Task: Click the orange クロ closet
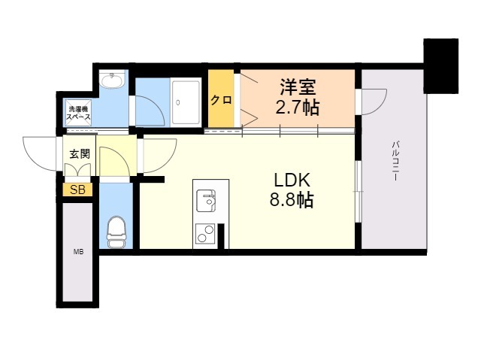click(x=220, y=99)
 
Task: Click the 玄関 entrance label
click(x=79, y=154)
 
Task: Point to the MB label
click(x=78, y=252)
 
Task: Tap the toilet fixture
click(x=116, y=232)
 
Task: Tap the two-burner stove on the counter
click(x=205, y=234)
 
